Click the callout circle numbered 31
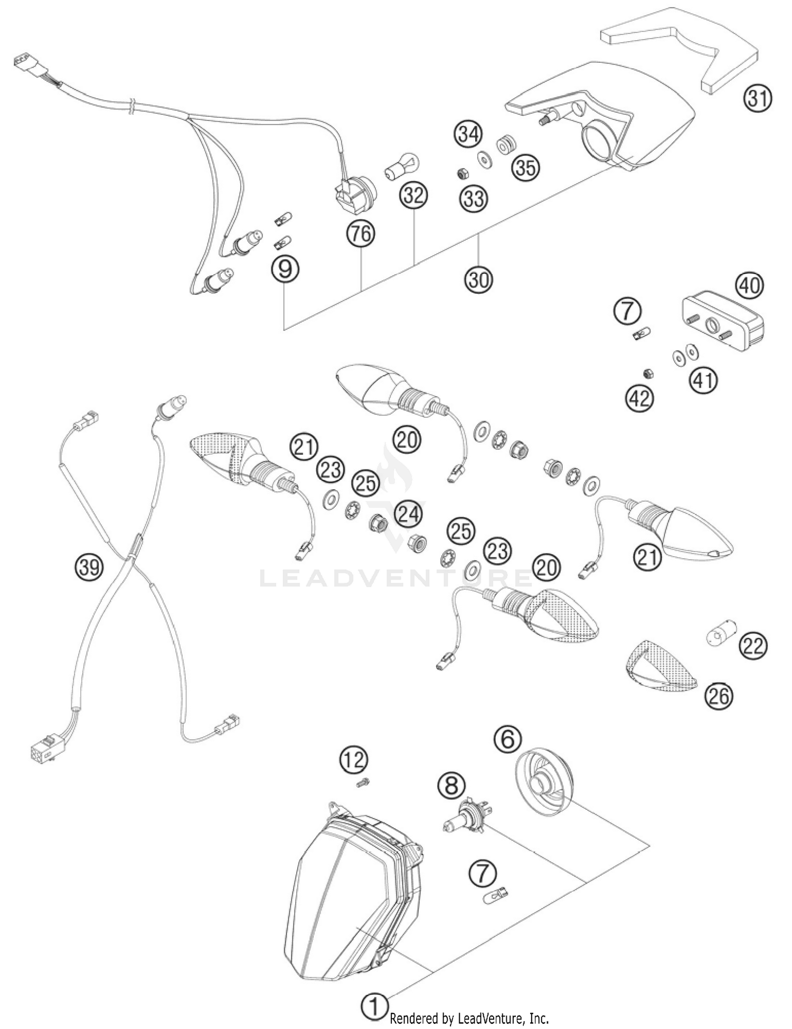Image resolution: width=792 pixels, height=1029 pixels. point(758,99)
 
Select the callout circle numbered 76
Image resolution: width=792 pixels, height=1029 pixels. point(361,233)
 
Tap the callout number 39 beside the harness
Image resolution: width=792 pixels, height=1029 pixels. point(88,567)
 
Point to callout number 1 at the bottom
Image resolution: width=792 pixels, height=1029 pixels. point(374,1007)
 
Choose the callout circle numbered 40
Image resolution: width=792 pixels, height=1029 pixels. point(750,286)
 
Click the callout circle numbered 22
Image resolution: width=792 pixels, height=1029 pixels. point(753,646)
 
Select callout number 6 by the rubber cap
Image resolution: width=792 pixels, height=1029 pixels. point(507,740)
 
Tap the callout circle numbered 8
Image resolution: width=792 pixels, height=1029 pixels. point(452,785)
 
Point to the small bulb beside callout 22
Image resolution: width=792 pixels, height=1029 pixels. point(720,637)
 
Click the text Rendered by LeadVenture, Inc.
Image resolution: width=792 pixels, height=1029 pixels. point(469,1018)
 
